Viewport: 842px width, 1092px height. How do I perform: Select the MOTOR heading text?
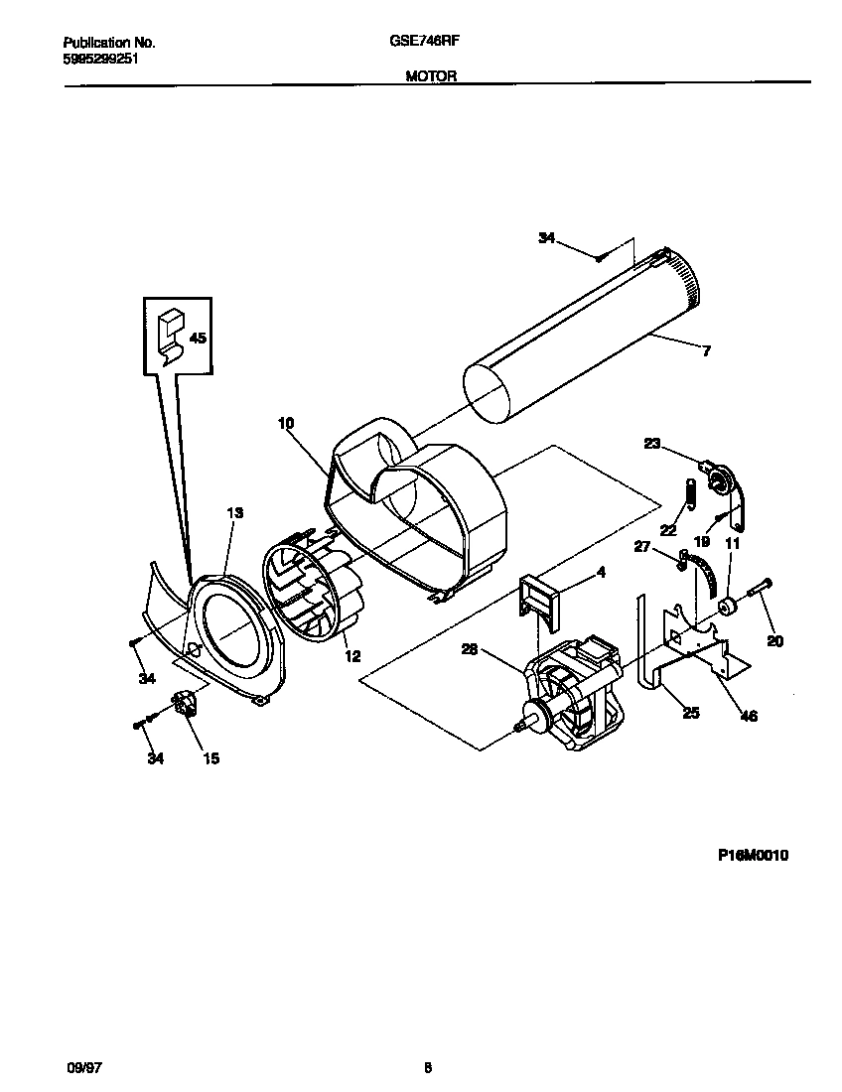pos(431,75)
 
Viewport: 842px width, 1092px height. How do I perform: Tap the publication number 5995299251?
pos(100,58)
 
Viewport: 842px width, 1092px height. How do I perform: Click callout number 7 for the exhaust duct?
pos(706,350)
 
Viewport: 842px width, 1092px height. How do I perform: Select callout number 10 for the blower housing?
pos(286,423)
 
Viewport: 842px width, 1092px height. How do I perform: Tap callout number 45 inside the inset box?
pos(197,339)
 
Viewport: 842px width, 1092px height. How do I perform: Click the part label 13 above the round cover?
pos(234,512)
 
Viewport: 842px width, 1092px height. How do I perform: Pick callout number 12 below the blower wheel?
pos(351,655)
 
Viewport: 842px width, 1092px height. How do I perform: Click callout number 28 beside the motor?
pos(471,649)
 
